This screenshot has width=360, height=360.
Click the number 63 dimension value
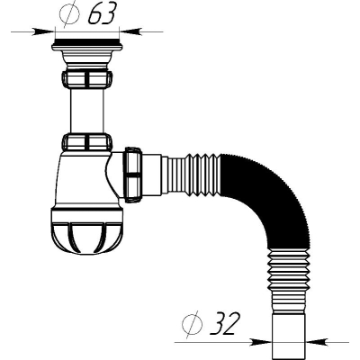coord(102,14)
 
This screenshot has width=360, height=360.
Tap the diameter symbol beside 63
coord(70,13)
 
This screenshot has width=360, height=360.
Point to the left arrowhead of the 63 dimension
coord(43,31)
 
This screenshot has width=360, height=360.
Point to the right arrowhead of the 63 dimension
coord(130,31)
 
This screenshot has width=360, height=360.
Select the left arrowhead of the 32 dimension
coord(261,342)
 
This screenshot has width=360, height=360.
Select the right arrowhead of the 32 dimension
coord(317,342)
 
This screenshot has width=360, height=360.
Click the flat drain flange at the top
coord(87,45)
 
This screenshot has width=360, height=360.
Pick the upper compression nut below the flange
coord(87,78)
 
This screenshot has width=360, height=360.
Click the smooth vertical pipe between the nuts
coord(87,111)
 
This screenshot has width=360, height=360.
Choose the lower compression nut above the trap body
coord(87,142)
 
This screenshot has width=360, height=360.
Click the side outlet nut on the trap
coord(132,175)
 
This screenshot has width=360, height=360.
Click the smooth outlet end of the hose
coord(289,336)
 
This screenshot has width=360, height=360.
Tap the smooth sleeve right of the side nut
coord(152,175)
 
